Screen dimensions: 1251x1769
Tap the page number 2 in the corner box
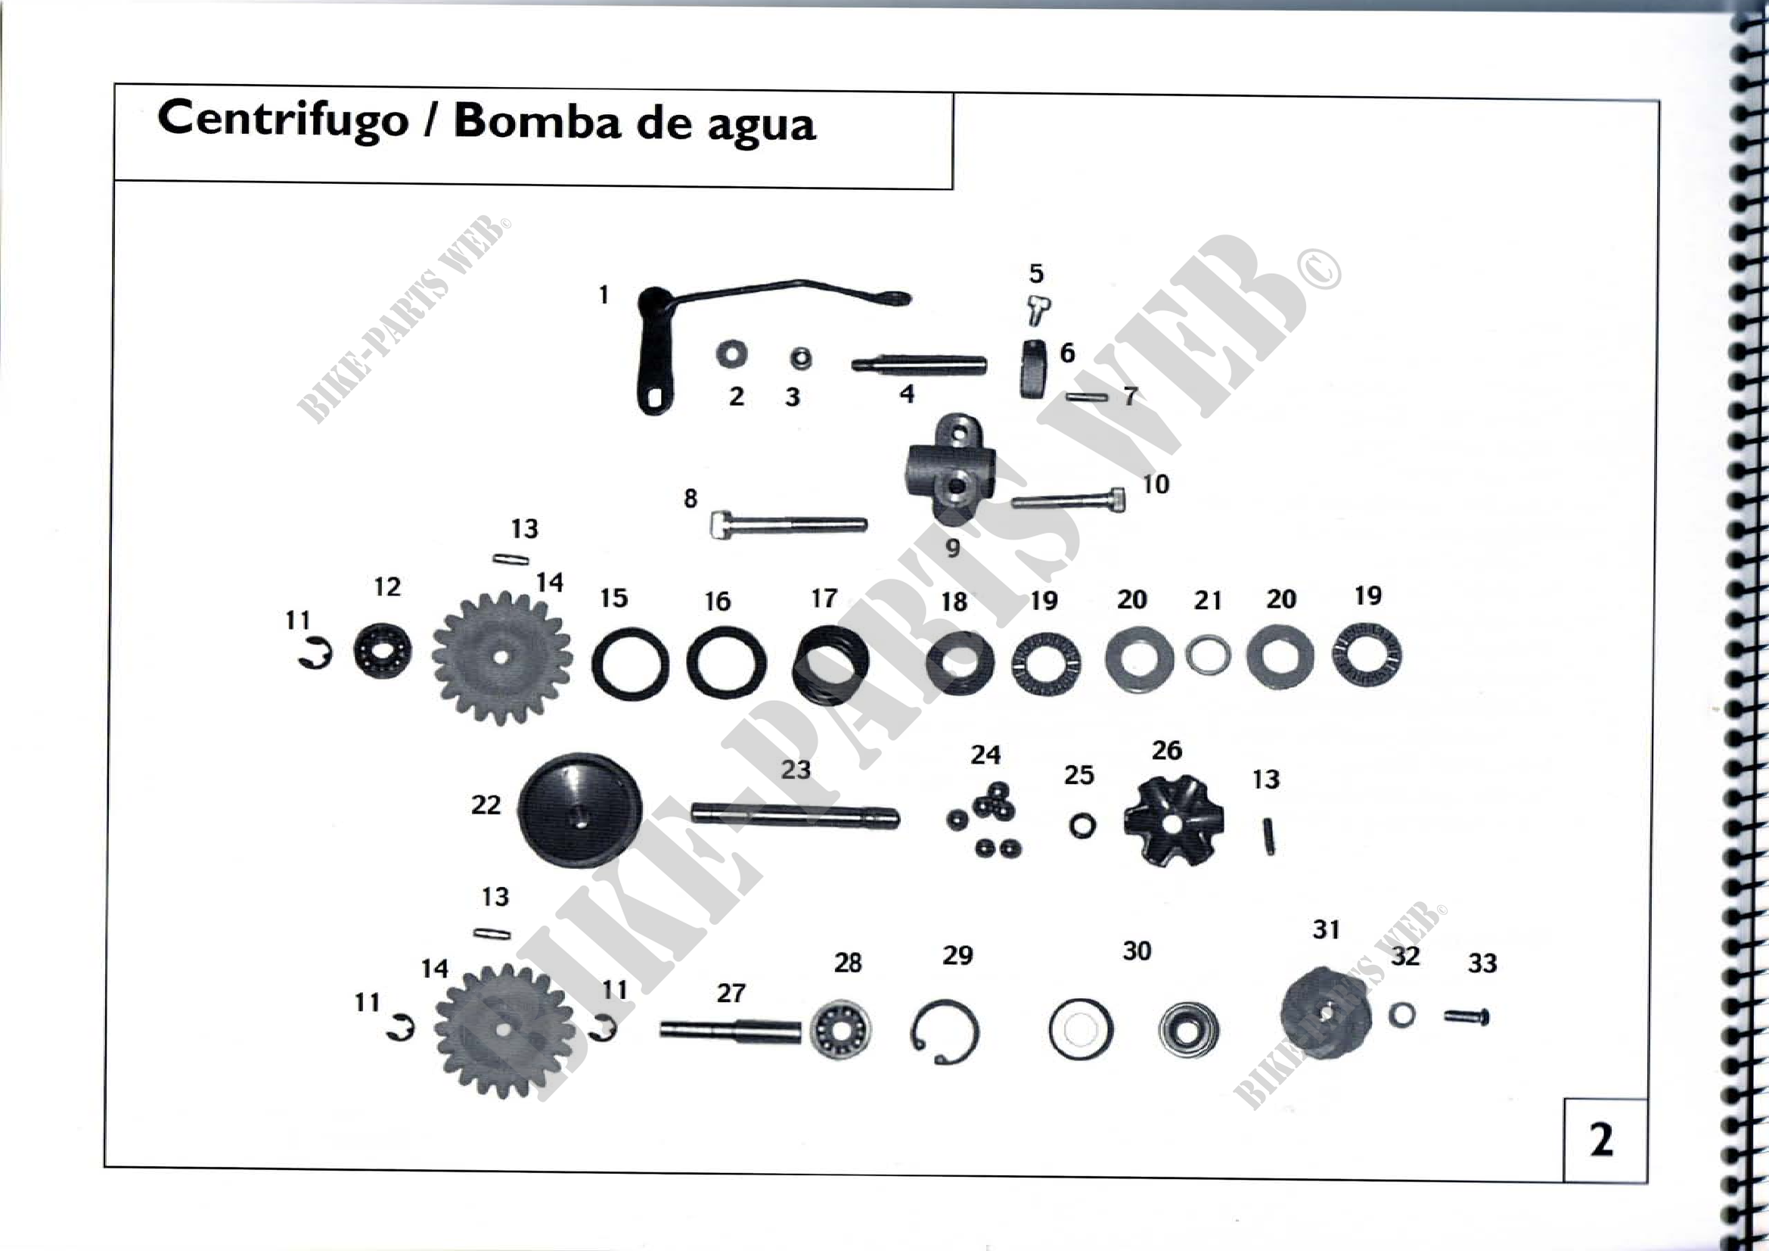(x=1601, y=1139)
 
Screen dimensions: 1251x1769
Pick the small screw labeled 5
(x=1038, y=310)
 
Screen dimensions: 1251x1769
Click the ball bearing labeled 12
(x=382, y=652)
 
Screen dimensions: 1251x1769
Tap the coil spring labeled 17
(x=830, y=664)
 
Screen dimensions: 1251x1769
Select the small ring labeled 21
(x=1207, y=656)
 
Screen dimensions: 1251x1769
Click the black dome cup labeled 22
(x=579, y=810)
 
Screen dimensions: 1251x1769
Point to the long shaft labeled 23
(x=794, y=814)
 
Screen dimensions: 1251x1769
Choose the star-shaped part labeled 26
(x=1173, y=822)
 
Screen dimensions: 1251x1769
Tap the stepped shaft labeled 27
(x=729, y=1029)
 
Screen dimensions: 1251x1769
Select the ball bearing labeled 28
(x=840, y=1028)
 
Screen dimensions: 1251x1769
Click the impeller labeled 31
(x=1325, y=1013)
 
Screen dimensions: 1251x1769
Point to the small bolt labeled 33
(x=1466, y=1017)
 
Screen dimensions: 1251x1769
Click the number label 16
(x=717, y=601)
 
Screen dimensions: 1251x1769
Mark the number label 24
(x=985, y=755)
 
